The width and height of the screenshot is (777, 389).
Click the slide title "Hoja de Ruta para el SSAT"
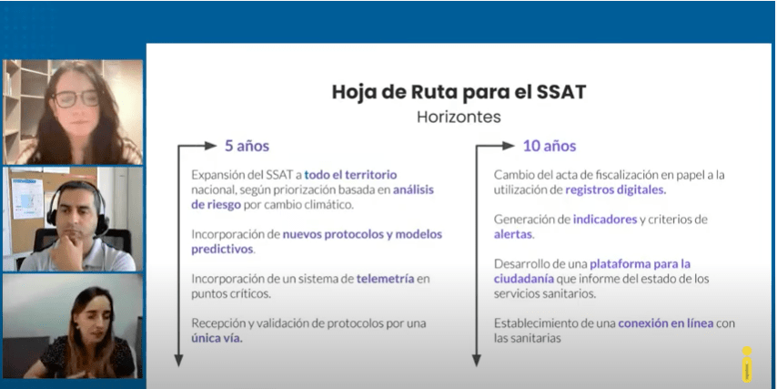[459, 93]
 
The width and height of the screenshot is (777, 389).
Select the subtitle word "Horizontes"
[459, 117]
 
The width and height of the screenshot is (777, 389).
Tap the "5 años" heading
[247, 146]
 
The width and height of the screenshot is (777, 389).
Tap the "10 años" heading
[550, 146]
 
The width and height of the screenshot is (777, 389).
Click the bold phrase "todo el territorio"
[350, 175]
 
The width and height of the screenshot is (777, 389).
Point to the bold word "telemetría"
[385, 279]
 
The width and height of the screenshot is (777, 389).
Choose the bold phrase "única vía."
[217, 339]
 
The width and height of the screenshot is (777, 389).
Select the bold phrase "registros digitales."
[616, 190]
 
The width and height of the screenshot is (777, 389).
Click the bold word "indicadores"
[605, 220]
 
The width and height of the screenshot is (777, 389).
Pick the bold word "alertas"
[513, 234]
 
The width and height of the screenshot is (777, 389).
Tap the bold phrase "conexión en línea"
[666, 323]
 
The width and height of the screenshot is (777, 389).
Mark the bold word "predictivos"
[222, 249]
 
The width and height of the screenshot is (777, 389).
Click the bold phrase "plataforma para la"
[640, 264]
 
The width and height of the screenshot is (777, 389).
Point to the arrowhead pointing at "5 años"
[210, 146]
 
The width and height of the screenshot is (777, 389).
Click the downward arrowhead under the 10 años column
[476, 361]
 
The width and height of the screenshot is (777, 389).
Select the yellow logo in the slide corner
[747, 364]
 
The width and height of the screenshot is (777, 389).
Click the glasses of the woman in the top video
[76, 98]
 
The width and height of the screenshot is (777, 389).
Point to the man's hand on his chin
[66, 249]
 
